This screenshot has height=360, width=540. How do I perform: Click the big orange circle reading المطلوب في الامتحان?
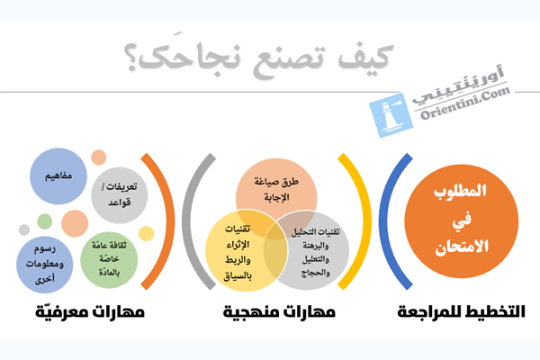click(x=461, y=221)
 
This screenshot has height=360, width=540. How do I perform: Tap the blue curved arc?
click(x=385, y=221)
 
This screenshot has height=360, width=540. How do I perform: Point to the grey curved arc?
click(x=188, y=221)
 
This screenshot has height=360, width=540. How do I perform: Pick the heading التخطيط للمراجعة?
click(x=461, y=311)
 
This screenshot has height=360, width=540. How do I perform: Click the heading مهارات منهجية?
click(x=279, y=312)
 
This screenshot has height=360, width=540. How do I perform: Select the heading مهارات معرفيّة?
click(x=90, y=312)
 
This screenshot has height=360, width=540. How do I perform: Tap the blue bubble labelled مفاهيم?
click(x=58, y=176)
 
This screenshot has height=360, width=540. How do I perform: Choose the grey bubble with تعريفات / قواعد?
click(x=119, y=195)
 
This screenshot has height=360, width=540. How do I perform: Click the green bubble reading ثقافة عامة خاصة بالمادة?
click(x=109, y=260)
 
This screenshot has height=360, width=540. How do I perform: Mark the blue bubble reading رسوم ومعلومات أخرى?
click(x=45, y=265)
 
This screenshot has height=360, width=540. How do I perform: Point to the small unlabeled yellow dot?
click(x=146, y=234)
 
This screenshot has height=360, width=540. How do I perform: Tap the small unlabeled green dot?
click(x=44, y=221)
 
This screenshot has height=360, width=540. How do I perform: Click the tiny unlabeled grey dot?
click(x=24, y=229)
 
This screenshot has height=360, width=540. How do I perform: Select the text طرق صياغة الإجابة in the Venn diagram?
click(x=276, y=189)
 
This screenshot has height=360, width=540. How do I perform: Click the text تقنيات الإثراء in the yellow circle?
click(x=238, y=237)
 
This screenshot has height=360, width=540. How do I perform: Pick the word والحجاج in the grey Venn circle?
click(x=316, y=274)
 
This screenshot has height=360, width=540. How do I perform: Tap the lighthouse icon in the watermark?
click(x=391, y=115)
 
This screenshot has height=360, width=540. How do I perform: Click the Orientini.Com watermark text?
click(x=465, y=103)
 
